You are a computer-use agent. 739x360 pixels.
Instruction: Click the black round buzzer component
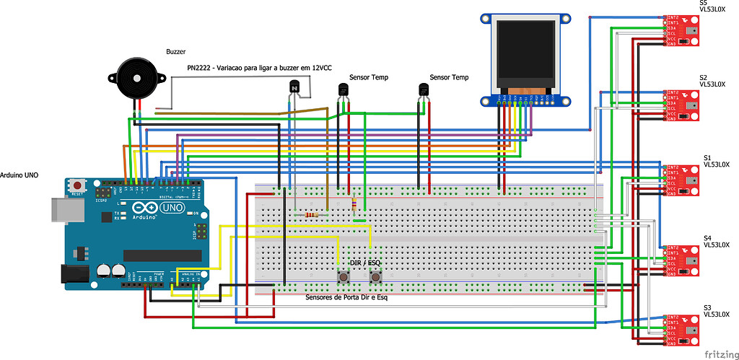point(137,77)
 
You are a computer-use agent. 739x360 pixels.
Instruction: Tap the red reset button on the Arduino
point(76,186)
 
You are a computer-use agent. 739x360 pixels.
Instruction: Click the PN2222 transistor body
point(294,88)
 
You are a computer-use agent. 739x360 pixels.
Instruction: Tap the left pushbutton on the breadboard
point(345,277)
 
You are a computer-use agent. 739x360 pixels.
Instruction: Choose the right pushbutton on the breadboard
point(376,277)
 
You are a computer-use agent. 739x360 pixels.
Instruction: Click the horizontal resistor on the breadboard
point(312,214)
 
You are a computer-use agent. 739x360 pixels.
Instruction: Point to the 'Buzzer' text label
point(176,52)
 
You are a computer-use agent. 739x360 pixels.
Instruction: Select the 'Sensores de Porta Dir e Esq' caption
point(346,297)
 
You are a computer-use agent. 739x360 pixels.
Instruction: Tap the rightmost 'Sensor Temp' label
point(448,77)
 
